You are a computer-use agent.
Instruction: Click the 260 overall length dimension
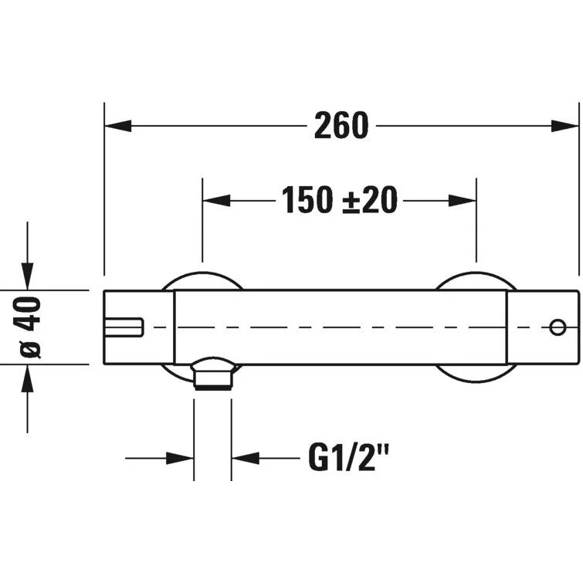click(341, 126)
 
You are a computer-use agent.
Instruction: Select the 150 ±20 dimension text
click(340, 201)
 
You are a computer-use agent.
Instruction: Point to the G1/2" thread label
click(349, 458)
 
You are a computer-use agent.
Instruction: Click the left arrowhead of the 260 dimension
click(118, 126)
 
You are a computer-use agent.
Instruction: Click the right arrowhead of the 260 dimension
click(565, 126)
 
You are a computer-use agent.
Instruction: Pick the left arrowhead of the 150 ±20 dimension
click(216, 201)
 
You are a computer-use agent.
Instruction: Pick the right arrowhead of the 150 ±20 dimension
click(463, 201)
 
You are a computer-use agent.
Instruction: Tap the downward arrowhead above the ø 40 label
click(27, 276)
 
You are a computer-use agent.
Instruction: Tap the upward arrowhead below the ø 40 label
click(27, 378)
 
